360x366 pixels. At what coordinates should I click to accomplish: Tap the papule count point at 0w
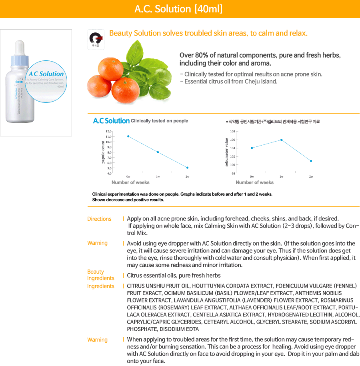coord(128,136)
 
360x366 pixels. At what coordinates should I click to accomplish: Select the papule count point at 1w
coord(158,152)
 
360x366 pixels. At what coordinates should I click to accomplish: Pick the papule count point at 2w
coord(187,168)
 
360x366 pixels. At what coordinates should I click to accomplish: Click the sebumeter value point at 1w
coord(282,140)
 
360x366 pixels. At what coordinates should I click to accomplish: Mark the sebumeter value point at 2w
coord(311,161)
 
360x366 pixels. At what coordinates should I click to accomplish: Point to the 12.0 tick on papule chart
coord(109,132)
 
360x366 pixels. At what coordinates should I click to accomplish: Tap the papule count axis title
coord(103,152)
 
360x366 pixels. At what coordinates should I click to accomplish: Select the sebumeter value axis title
coord(227,152)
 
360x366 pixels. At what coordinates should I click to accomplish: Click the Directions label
coord(99,219)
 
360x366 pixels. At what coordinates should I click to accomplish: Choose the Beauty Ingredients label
coord(100,275)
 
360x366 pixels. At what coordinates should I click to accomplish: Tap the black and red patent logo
coord(96,38)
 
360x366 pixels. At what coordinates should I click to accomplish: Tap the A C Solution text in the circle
coord(46,74)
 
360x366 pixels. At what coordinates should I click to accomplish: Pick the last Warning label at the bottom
coord(97,340)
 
